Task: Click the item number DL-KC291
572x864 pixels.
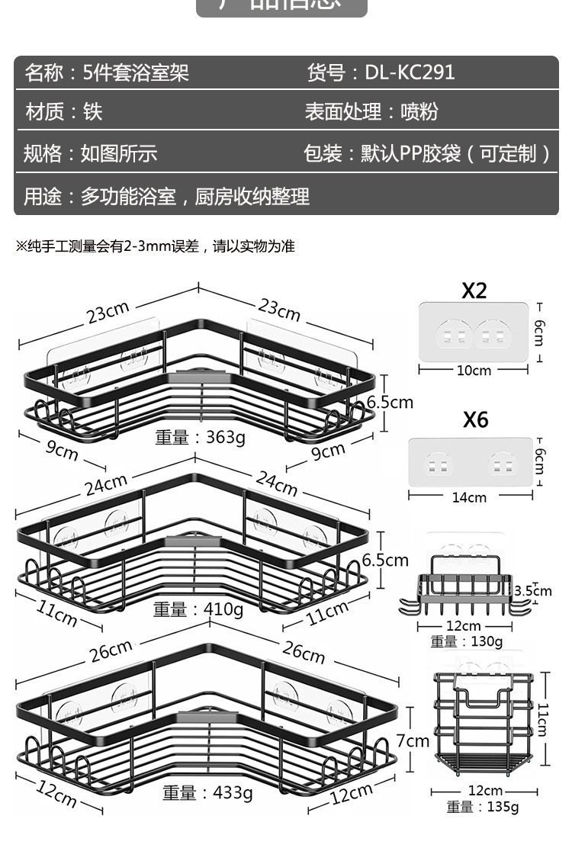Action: [x=410, y=72]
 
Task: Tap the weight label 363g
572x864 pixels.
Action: [x=201, y=437]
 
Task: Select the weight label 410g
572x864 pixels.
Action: [x=198, y=609]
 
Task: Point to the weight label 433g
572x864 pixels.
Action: [x=207, y=792]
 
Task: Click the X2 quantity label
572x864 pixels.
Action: [x=474, y=291]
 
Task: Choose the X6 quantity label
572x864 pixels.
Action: [x=474, y=419]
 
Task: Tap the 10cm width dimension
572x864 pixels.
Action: [x=474, y=371]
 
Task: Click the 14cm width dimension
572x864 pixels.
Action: [x=469, y=497]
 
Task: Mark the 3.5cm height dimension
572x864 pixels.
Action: [x=533, y=590]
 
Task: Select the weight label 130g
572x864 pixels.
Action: [x=467, y=641]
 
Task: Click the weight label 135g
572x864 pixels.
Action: [x=482, y=807]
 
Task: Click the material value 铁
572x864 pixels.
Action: [x=93, y=112]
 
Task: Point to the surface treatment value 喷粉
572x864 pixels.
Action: [x=419, y=112]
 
